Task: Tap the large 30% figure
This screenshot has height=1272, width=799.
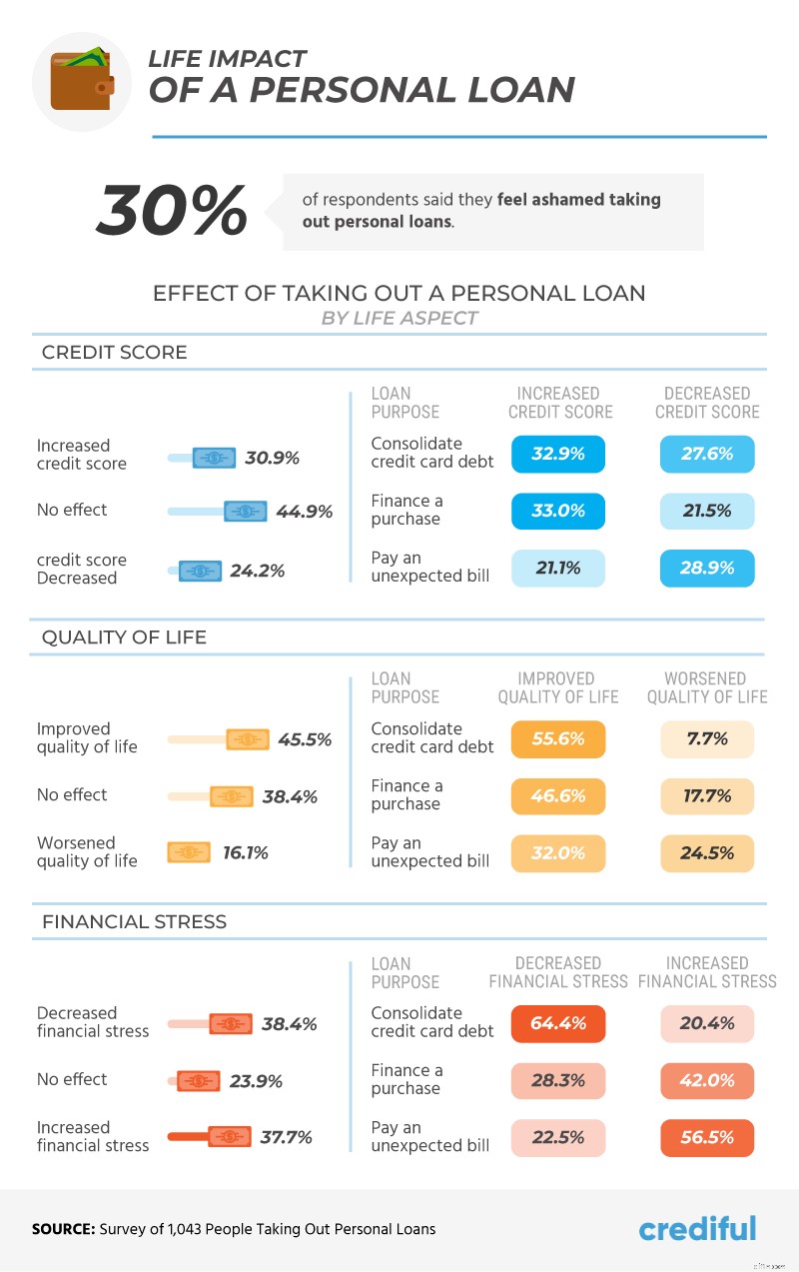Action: [172, 211]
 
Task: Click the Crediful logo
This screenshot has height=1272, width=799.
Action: [697, 1228]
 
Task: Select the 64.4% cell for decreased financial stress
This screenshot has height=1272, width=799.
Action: [557, 1024]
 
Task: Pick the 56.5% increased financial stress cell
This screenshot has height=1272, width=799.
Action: [707, 1138]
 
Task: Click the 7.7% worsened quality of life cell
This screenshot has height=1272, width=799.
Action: [707, 739]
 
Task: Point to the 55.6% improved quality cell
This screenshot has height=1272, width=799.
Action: [557, 739]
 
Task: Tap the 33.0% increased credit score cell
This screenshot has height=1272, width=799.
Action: [557, 511]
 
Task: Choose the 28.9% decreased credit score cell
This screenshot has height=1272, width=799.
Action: [707, 568]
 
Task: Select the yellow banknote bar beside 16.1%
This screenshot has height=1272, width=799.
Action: [190, 853]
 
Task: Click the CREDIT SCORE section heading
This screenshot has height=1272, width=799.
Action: [114, 353]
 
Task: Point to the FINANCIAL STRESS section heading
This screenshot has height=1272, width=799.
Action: [134, 922]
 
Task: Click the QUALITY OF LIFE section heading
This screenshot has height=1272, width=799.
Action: [124, 637]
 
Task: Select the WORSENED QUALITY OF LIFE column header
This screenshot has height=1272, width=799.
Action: [707, 687]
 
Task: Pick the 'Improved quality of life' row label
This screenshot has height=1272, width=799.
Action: [87, 738]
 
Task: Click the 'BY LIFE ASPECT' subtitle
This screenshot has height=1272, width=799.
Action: [399, 319]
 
